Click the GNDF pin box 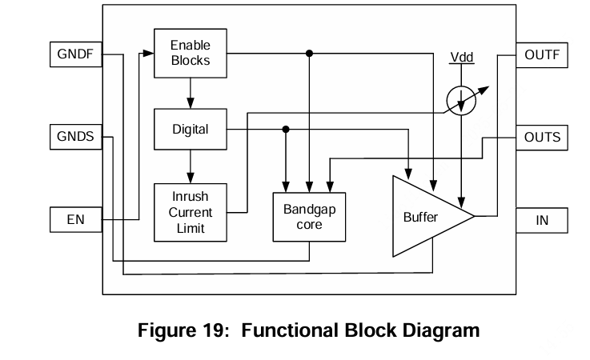pyautogui.click(x=75, y=55)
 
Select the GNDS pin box pyautogui.click(x=75, y=136)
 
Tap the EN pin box pyautogui.click(x=75, y=219)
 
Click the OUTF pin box pyautogui.click(x=542, y=55)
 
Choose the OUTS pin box pyautogui.click(x=542, y=137)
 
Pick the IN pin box pyautogui.click(x=542, y=219)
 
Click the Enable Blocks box pyautogui.click(x=190, y=53)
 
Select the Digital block pyautogui.click(x=190, y=129)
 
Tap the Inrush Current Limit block pyautogui.click(x=190, y=213)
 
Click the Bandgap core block pyautogui.click(x=309, y=217)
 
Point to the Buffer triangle pyautogui.click(x=424, y=216)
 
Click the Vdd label pyautogui.click(x=461, y=58)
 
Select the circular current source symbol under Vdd pyautogui.click(x=461, y=102)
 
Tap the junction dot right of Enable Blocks pyautogui.click(x=309, y=54)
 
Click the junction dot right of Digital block pyautogui.click(x=286, y=129)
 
